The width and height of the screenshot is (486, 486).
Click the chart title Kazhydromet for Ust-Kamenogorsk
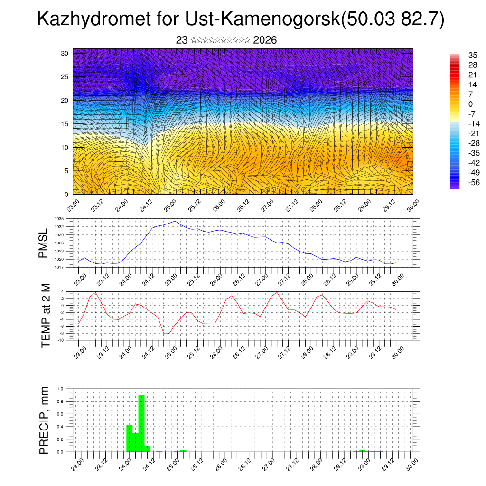240,20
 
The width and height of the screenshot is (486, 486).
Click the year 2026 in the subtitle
265,40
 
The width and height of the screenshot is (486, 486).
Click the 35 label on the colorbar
473,56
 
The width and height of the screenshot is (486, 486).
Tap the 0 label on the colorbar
470,104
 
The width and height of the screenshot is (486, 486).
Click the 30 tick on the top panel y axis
65,53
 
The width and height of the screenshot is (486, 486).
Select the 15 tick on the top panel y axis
65,124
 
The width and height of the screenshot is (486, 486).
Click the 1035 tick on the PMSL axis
59,219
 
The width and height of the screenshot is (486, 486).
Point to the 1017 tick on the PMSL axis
59,267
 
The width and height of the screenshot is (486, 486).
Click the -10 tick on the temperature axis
61,340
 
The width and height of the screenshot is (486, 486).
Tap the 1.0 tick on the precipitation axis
60,389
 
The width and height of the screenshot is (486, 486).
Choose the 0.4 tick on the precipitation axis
60,427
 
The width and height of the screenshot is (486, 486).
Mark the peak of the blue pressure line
175,221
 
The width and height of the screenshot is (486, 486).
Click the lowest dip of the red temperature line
167,333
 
